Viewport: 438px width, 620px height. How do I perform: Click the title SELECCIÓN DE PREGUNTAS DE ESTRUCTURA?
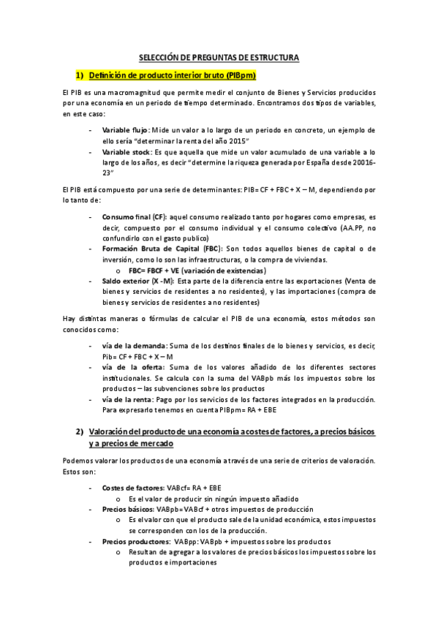click(x=219, y=58)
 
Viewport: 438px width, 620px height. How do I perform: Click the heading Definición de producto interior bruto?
click(x=171, y=75)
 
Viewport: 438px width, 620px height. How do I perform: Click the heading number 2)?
click(x=81, y=432)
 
